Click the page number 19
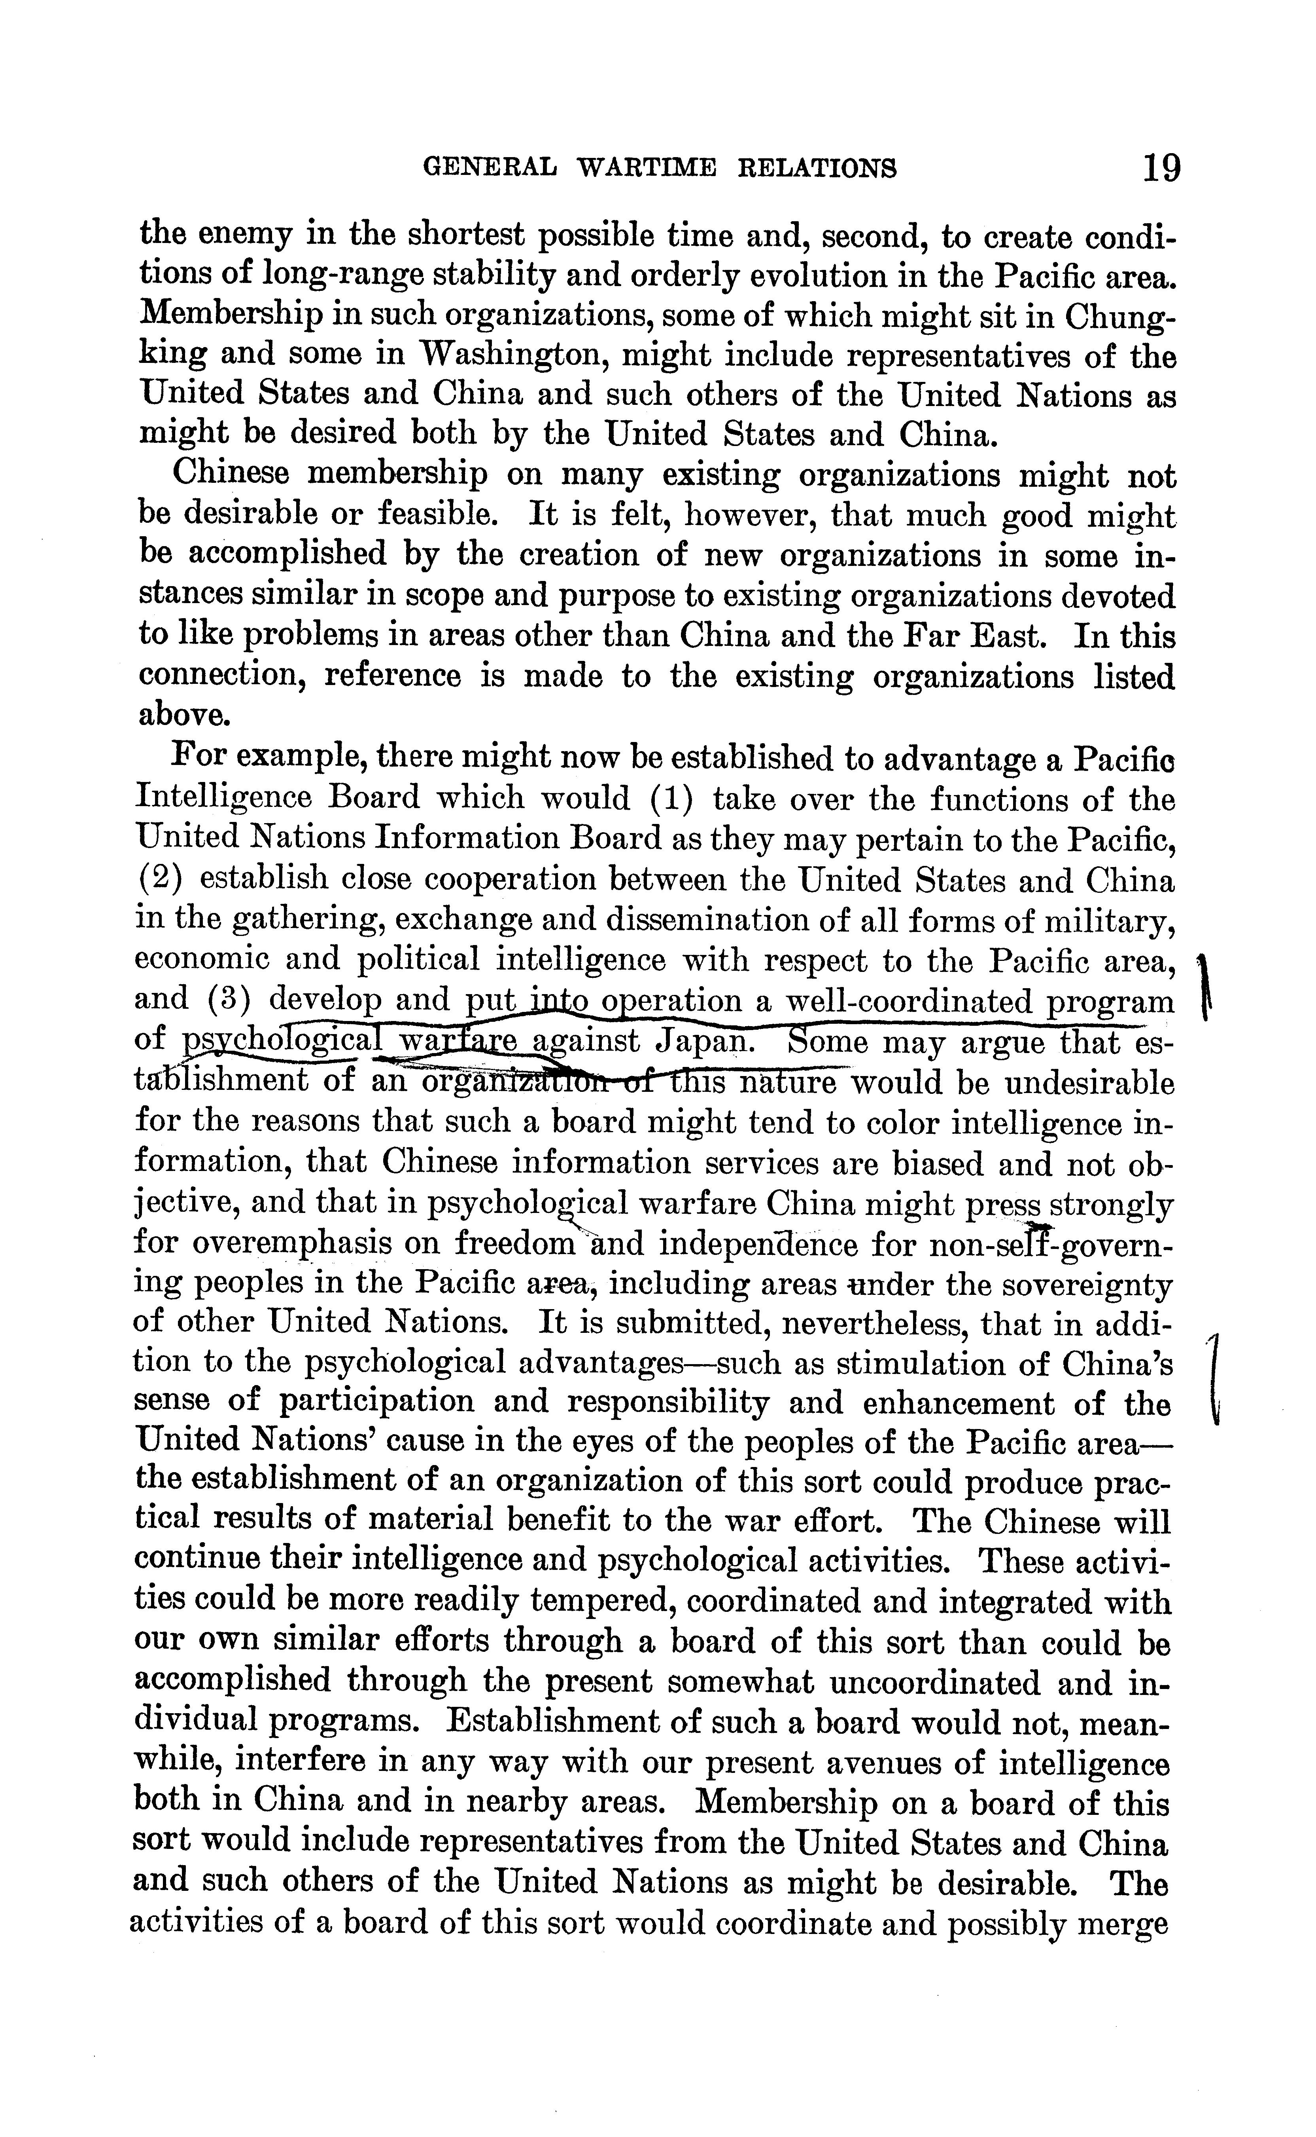1162,166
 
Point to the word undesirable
1086,1082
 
